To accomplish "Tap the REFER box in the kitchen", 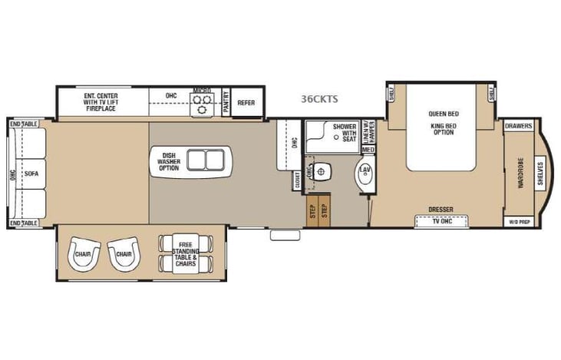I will [246, 102].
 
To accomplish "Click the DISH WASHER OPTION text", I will [169, 161].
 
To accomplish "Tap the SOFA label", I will [31, 173].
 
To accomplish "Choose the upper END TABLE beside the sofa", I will [24, 124].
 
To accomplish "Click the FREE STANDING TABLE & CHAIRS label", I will [184, 253].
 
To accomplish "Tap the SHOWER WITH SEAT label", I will [345, 131].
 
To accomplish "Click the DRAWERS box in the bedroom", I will [519, 126].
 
